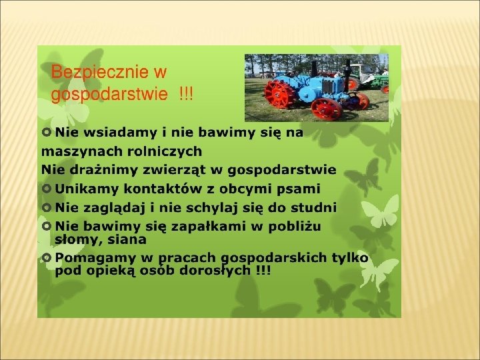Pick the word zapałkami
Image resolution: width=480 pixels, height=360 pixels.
(208, 227)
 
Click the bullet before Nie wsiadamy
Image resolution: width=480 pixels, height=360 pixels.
(46, 132)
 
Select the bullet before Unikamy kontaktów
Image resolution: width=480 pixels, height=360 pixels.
(46, 189)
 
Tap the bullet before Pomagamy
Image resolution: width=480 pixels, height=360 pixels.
(46, 258)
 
